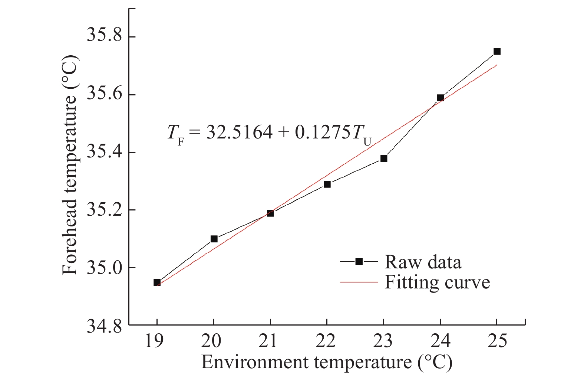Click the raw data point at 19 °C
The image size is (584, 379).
[x=157, y=282]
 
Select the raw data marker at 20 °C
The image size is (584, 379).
[x=214, y=239]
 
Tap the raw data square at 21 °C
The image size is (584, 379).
[x=270, y=213]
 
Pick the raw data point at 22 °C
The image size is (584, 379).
[x=327, y=184]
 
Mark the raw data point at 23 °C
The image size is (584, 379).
[x=384, y=159]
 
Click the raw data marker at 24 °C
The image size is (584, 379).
[x=440, y=98]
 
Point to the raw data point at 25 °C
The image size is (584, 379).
[x=497, y=52]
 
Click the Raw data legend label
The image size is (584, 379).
[x=423, y=262]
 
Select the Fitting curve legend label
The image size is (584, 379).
[x=437, y=282]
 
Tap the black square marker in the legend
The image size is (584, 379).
[x=359, y=262]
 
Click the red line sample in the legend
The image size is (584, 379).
[x=359, y=282]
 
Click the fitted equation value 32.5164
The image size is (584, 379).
[x=240, y=132]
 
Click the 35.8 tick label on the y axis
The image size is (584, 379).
[x=104, y=36]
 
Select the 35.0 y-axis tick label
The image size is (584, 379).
[x=104, y=268]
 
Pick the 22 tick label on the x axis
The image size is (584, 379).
[x=326, y=341]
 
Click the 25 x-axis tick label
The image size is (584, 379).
[x=497, y=341]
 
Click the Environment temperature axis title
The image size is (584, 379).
[x=327, y=362]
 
